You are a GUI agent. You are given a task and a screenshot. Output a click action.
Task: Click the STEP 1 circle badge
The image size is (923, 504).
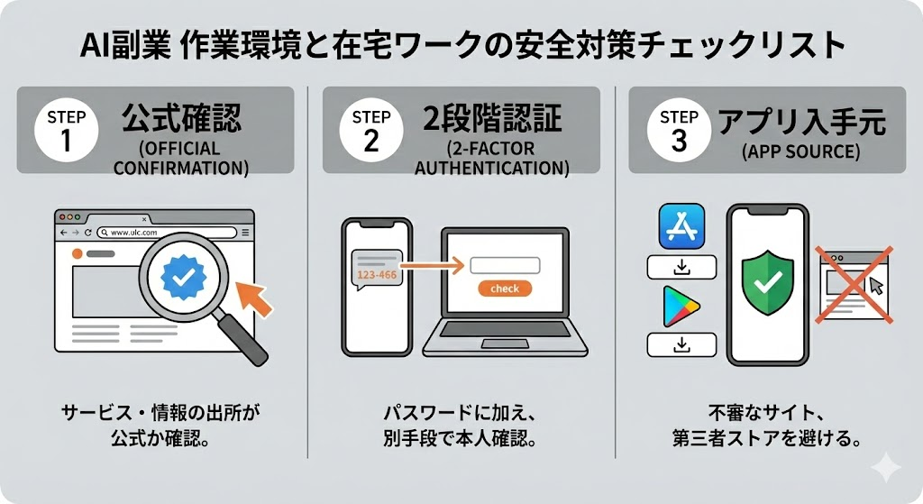click(66, 130)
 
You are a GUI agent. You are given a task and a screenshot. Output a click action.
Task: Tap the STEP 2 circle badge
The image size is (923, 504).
click(370, 130)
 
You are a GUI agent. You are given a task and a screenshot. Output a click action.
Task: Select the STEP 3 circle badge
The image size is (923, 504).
click(679, 130)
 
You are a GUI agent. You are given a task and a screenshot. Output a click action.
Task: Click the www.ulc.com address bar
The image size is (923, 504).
click(167, 233)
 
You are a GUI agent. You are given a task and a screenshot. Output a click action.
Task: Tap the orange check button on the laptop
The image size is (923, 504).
click(505, 289)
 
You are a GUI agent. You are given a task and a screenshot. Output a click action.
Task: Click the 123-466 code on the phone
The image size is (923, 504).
click(377, 275)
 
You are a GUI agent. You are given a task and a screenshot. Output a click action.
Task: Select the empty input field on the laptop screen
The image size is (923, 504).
click(505, 266)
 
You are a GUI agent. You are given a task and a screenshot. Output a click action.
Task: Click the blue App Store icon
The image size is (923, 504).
click(681, 226)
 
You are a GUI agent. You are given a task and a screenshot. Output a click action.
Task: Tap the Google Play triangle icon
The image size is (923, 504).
click(681, 307)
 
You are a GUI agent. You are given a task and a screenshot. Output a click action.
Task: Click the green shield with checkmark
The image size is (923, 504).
click(768, 281)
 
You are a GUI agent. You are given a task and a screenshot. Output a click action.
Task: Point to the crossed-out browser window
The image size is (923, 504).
click(854, 285)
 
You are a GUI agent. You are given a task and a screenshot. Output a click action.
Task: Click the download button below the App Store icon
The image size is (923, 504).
click(681, 267)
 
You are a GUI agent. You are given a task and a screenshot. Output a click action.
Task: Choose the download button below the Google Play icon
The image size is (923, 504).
click(681, 344)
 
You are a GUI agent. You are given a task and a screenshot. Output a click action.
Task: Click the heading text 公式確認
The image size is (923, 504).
click(181, 118)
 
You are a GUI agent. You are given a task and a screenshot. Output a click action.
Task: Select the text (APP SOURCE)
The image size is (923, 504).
click(800, 151)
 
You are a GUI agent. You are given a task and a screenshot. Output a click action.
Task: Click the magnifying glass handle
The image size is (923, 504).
click(242, 337)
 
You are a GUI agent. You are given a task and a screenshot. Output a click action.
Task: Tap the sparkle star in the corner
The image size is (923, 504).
click(886, 468)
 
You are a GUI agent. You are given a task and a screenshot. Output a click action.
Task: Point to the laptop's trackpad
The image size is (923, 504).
click(505, 344)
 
